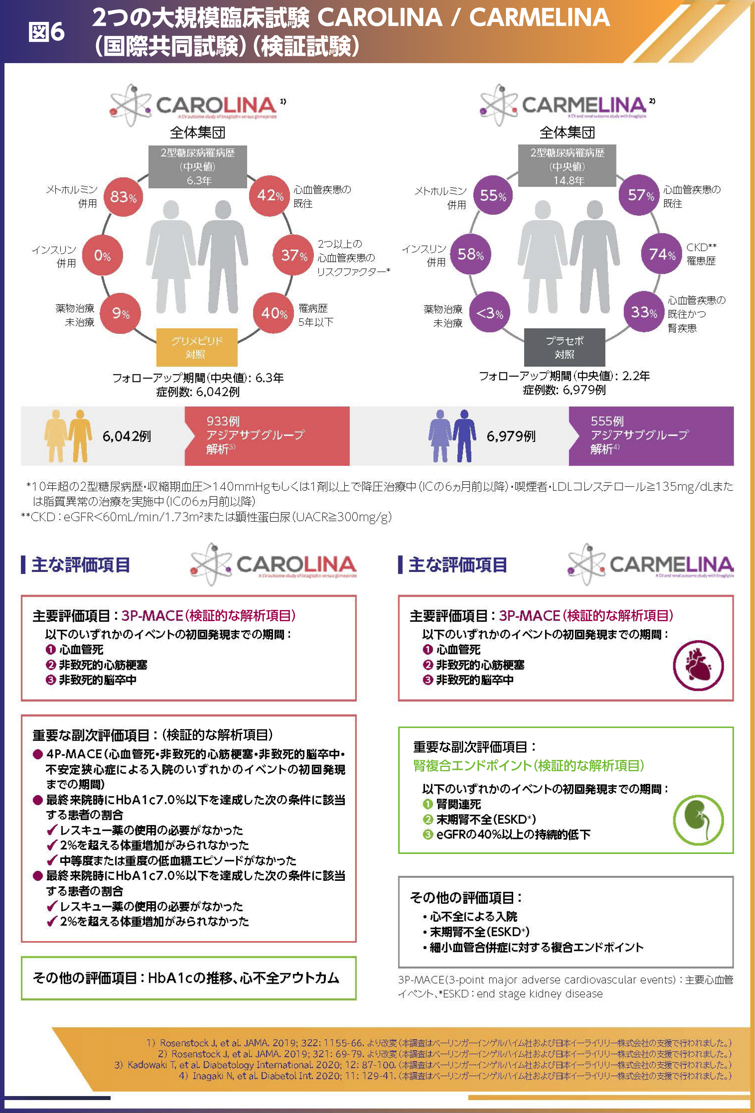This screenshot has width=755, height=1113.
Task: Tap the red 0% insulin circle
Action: click(x=103, y=255)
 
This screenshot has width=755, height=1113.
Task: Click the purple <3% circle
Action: click(x=489, y=313)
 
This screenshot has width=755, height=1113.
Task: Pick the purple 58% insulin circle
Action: click(x=470, y=254)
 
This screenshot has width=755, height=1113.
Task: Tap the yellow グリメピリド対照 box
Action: click(x=196, y=347)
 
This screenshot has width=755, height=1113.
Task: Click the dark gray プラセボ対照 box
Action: click(x=564, y=347)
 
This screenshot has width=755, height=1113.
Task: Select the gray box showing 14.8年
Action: click(x=567, y=166)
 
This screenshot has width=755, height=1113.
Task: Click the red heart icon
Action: click(x=698, y=665)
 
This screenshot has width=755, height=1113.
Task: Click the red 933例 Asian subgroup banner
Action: click(x=267, y=435)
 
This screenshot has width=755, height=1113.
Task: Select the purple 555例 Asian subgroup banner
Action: click(x=651, y=435)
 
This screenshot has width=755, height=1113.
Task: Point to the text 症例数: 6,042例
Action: click(x=198, y=392)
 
